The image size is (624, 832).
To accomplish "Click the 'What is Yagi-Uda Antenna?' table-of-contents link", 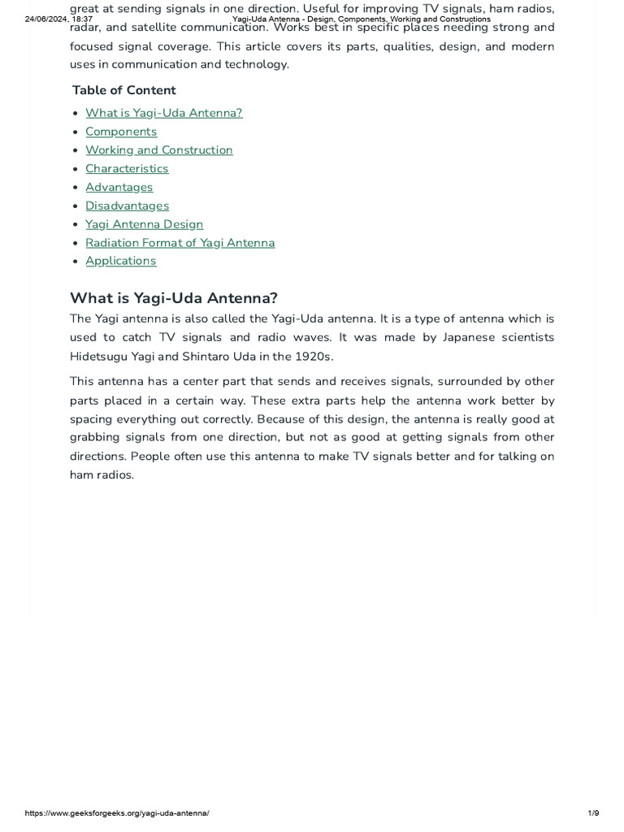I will tap(163, 113).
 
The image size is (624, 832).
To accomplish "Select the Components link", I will tap(121, 132).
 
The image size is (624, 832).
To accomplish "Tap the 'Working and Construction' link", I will tap(158, 150).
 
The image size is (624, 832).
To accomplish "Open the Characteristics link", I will tap(127, 169).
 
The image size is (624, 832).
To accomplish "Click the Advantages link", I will tap(119, 188).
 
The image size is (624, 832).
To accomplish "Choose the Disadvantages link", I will tap(127, 206).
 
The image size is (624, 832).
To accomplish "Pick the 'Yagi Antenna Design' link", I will tap(144, 224).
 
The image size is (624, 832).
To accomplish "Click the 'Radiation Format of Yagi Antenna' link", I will tap(180, 243).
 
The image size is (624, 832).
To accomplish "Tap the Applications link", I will tap(120, 261).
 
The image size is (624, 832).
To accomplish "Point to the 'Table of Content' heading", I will tap(123, 90).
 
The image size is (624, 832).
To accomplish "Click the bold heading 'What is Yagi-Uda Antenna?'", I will tap(174, 298).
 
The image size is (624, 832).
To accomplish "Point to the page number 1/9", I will tap(592, 813).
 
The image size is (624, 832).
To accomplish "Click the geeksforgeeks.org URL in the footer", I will tap(117, 813).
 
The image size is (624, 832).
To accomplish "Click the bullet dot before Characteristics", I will tap(75, 169).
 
